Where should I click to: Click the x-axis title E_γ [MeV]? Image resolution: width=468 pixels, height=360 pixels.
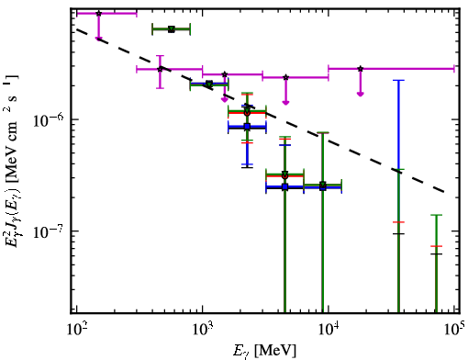click(264, 351)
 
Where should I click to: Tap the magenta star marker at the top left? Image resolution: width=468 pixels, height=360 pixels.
click(98, 14)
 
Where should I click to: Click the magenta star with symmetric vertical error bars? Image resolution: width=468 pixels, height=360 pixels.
click(160, 69)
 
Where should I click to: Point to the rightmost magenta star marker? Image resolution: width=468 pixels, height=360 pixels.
click(361, 69)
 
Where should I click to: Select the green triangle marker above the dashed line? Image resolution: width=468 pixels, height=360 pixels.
click(172, 29)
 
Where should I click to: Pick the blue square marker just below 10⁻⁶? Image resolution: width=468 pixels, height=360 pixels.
click(247, 127)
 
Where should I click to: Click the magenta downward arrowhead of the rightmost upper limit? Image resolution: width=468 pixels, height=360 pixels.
click(361, 94)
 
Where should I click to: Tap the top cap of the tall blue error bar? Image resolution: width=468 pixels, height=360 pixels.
click(398, 80)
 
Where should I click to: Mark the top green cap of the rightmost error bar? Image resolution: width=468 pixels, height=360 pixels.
click(436, 215)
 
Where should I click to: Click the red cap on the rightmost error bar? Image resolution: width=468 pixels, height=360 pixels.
click(436, 246)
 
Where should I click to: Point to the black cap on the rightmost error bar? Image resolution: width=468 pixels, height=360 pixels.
click(436, 253)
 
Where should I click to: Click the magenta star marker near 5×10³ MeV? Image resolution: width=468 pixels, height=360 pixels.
click(285, 77)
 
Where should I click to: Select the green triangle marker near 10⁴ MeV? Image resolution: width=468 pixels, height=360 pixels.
click(323, 185)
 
